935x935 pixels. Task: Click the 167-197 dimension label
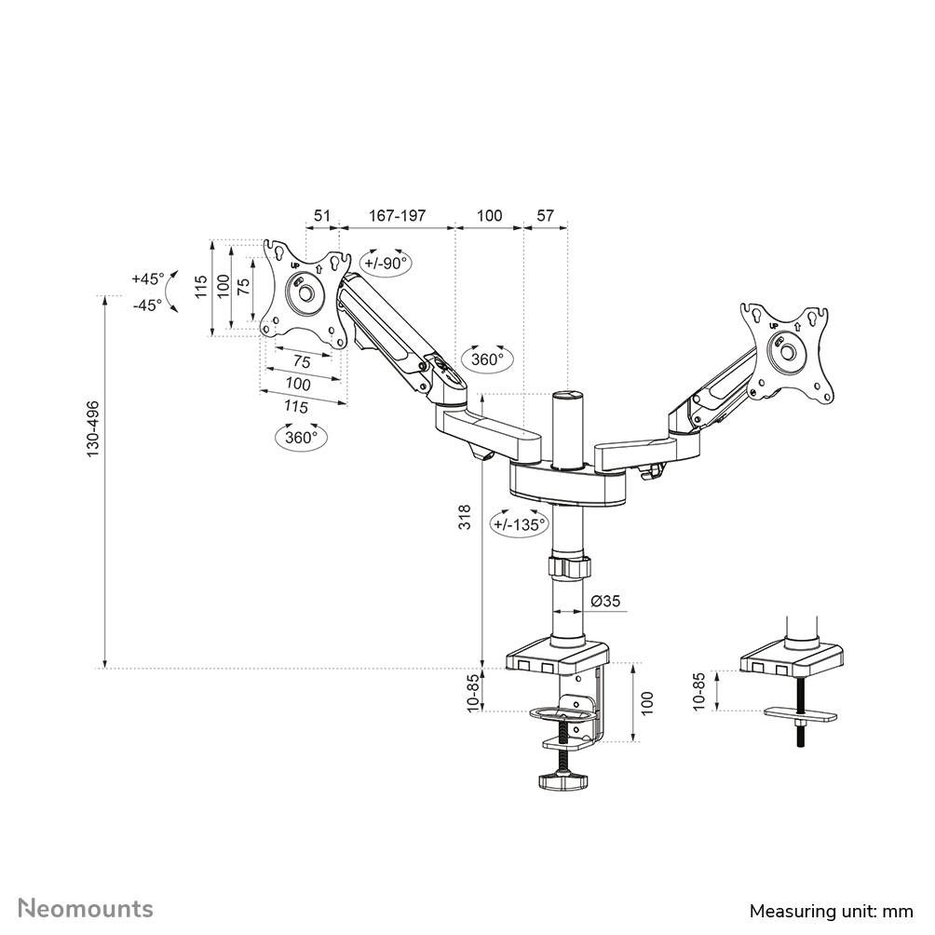397,216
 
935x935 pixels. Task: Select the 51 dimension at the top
322,216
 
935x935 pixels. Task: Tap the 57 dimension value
545,216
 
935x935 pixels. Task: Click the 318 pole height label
466,518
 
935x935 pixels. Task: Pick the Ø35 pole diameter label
605,602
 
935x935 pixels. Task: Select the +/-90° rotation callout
386,263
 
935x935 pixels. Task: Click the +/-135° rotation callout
520,524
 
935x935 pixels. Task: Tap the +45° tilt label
147,278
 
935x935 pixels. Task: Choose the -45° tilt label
147,304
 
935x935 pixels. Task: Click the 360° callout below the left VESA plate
301,436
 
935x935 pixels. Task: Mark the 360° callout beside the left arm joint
487,359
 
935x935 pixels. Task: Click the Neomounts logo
86,908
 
